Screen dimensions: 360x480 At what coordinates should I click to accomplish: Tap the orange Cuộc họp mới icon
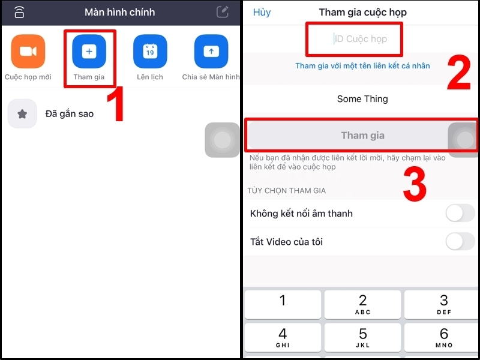pos(28,52)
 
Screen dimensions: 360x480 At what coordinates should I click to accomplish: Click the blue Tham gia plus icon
pos(89,52)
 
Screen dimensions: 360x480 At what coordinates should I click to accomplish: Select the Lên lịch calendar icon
pos(150,52)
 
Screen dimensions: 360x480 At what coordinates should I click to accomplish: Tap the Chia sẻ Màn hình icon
pos(211,52)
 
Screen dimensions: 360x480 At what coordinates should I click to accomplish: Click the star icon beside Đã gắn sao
pos(22,114)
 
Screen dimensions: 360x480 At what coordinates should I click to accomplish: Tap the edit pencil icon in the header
pos(223,12)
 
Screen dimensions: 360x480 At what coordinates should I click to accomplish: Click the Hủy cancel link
pos(262,12)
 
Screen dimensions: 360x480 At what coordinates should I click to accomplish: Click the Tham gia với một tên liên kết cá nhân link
pos(362,66)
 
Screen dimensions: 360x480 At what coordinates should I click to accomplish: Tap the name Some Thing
pos(362,99)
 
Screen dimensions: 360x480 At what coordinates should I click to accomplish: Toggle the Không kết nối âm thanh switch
pos(460,213)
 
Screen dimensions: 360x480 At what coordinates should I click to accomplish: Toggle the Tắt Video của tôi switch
pos(460,242)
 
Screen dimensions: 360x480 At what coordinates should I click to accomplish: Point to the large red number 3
pos(414,184)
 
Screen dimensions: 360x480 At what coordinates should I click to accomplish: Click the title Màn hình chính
pos(119,12)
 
